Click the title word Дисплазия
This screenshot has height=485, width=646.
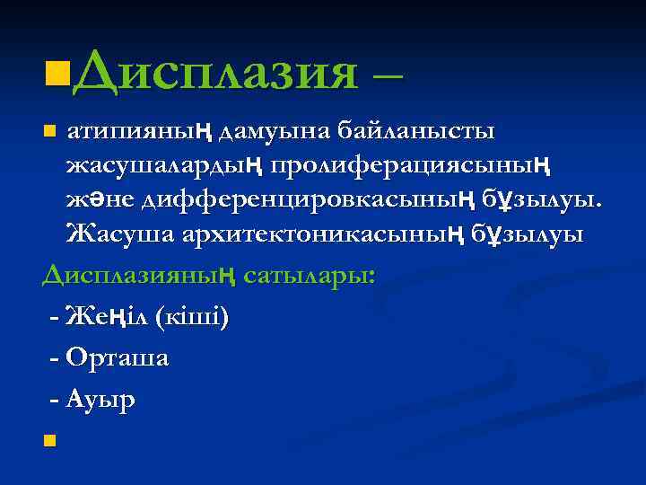click(216, 71)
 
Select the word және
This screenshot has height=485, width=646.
click(100, 201)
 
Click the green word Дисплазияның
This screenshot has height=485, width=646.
click(138, 273)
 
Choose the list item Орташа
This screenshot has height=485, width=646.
click(117, 357)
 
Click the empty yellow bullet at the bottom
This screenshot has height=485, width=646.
click(49, 439)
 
